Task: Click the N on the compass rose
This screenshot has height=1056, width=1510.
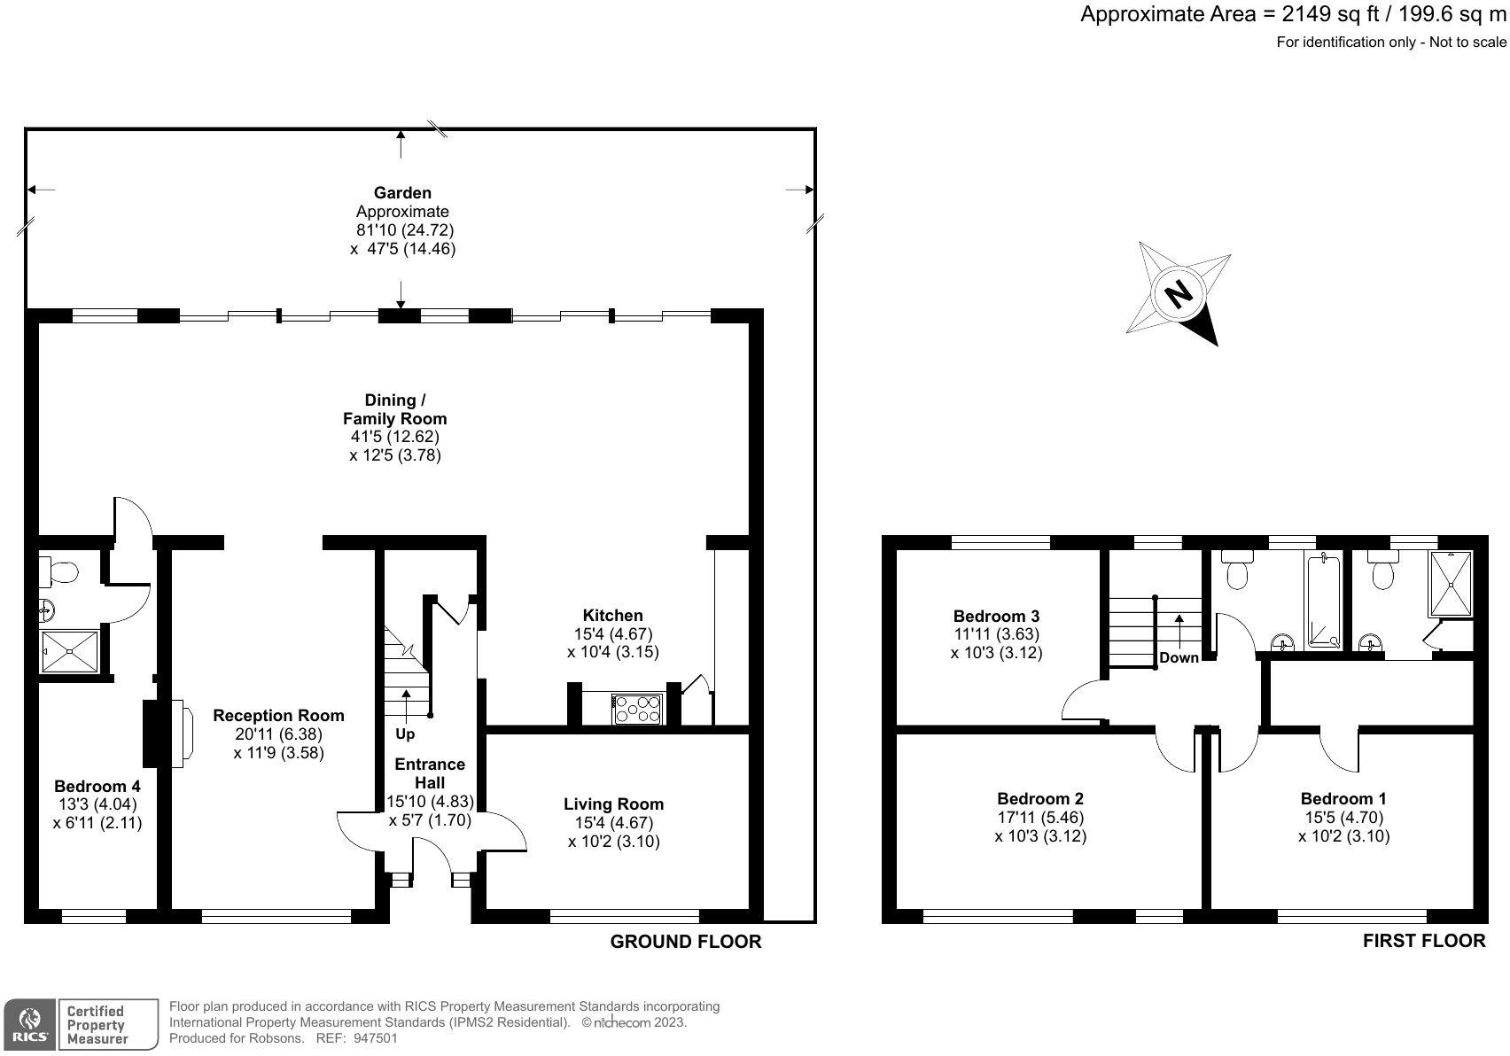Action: click(x=1179, y=294)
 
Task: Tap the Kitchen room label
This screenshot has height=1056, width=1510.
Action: click(x=612, y=616)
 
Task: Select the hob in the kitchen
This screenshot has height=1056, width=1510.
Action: click(x=637, y=710)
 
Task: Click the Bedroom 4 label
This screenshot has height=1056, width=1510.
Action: click(x=97, y=786)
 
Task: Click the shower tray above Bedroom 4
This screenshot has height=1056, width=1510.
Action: click(x=70, y=652)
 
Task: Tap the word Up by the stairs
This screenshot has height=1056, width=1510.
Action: click(x=405, y=734)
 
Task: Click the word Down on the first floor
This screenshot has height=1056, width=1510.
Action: click(x=1179, y=657)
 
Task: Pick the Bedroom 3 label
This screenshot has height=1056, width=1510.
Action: click(x=996, y=616)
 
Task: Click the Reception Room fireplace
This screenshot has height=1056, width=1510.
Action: click(x=167, y=734)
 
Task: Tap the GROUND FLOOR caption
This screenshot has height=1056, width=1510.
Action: click(x=686, y=942)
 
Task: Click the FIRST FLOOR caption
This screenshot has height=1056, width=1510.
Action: click(x=1424, y=941)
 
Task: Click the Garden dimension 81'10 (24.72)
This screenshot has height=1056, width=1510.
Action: click(x=404, y=229)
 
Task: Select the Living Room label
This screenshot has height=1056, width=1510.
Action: click(x=613, y=804)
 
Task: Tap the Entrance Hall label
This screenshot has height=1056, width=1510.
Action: click(x=430, y=773)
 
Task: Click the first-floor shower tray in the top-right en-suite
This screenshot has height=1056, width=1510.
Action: click(x=1450, y=583)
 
